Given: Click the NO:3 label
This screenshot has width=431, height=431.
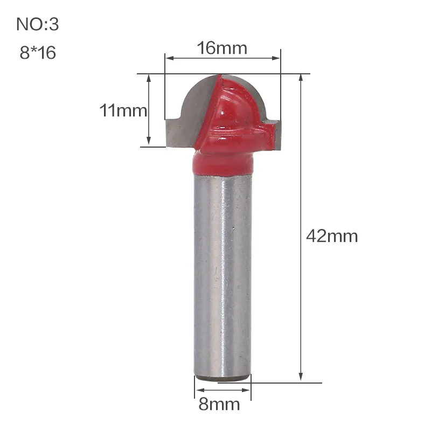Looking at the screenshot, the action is tap(38, 24).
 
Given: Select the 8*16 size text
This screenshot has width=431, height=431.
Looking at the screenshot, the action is tap(38, 52).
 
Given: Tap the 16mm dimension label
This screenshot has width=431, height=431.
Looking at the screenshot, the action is tap(222, 48).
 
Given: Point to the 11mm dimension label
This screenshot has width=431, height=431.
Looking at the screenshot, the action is tap(123, 110).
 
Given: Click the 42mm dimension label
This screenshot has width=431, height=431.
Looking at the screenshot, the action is tap(332, 236).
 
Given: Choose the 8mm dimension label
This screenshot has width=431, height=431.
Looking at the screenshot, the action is tap(219, 404).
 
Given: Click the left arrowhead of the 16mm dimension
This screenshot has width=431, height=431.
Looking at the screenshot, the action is tap(170, 58).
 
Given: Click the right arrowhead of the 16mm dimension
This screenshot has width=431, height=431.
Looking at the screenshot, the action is tap(276, 58).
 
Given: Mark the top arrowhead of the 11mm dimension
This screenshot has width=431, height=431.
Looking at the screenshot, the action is tap(149, 79).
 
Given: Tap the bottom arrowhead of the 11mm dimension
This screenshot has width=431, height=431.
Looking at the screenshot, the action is tap(149, 141).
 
